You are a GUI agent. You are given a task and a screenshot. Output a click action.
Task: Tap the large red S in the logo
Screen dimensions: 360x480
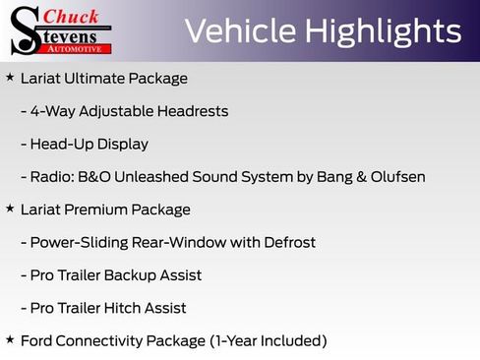[24, 30]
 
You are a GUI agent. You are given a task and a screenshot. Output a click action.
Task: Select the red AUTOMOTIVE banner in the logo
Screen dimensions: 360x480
[78, 47]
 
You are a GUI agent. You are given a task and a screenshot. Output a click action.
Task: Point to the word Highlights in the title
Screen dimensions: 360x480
[382, 31]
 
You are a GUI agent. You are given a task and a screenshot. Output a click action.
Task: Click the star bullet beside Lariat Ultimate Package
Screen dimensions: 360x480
[10, 77]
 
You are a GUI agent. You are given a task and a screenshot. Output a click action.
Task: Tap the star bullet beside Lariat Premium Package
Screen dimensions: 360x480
[10, 209]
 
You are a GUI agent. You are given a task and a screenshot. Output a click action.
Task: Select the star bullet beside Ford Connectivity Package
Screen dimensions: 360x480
[10, 339]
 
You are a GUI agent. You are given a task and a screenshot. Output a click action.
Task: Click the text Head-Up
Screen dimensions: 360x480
[61, 144]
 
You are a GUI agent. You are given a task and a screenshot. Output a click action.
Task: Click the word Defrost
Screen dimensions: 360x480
[289, 242]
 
